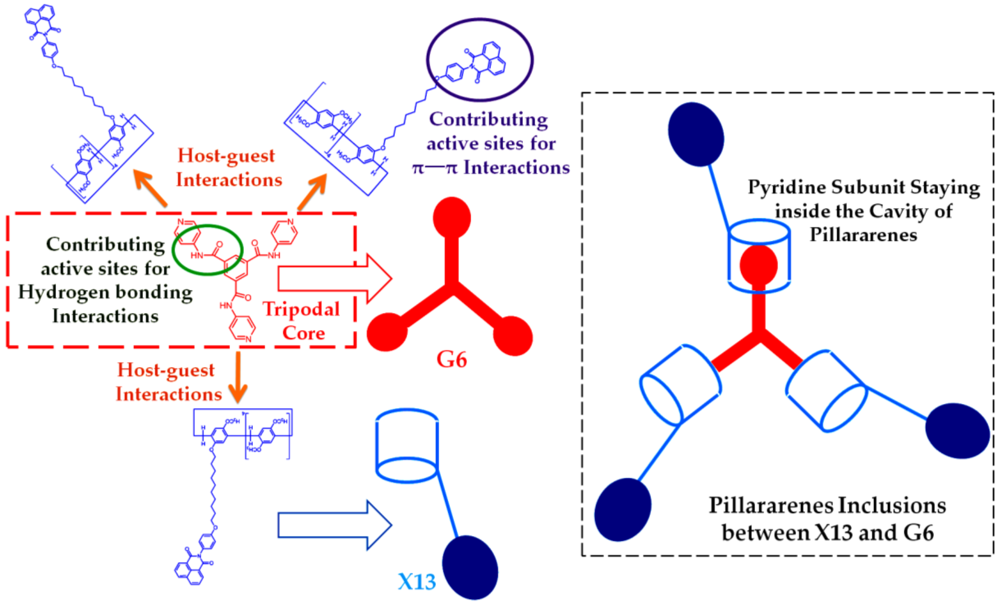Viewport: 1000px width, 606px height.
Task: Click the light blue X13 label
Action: [417, 582]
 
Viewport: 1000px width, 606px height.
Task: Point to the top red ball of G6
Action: [452, 218]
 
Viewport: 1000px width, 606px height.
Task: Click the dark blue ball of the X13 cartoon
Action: [470, 567]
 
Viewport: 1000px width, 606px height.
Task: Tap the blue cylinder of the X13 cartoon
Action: [407, 446]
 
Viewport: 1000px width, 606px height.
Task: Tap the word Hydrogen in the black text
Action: [66, 292]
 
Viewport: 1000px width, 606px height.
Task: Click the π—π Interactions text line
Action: [491, 167]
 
